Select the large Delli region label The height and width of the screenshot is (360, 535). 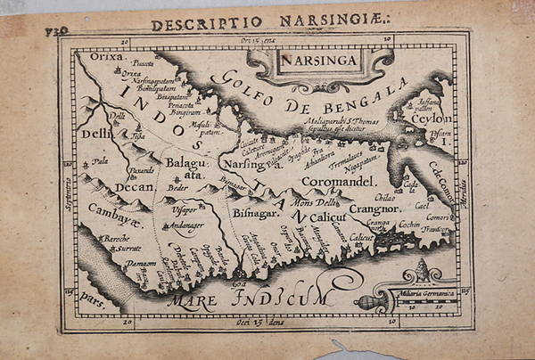95,134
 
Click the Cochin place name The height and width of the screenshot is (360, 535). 409,225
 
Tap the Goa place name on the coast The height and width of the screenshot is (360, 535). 239,283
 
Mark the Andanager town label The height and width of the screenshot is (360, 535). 185,226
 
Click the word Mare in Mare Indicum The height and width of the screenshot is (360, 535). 195,301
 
